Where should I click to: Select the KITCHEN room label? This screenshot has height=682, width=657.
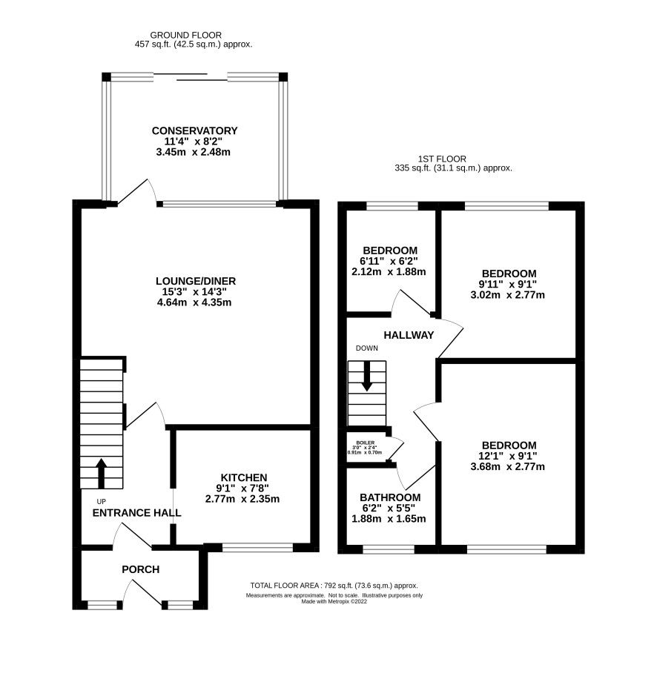coord(243,477)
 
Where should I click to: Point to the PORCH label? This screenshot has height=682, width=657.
coord(141,569)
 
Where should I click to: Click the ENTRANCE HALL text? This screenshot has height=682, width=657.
coord(137,512)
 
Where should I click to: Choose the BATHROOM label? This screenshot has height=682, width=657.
coord(390,497)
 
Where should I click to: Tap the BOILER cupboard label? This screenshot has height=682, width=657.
coord(366,441)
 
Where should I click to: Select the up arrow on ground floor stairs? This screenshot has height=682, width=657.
coord(102,473)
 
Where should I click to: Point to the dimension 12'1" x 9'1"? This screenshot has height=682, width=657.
coord(508,456)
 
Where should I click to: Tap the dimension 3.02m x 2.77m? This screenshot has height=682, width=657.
coord(508,295)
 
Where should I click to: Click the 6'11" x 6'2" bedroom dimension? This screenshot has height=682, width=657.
coord(389,261)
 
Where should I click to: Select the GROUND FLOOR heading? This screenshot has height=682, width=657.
coord(185,35)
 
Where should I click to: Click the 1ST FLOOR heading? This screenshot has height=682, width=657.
coord(453,159)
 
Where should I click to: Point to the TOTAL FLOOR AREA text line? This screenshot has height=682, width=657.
coord(334,585)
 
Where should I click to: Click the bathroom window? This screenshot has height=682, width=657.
coord(388,549)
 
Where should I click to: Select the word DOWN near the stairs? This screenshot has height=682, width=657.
coord(366,348)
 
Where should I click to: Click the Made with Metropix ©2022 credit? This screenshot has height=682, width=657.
coord(334,601)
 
